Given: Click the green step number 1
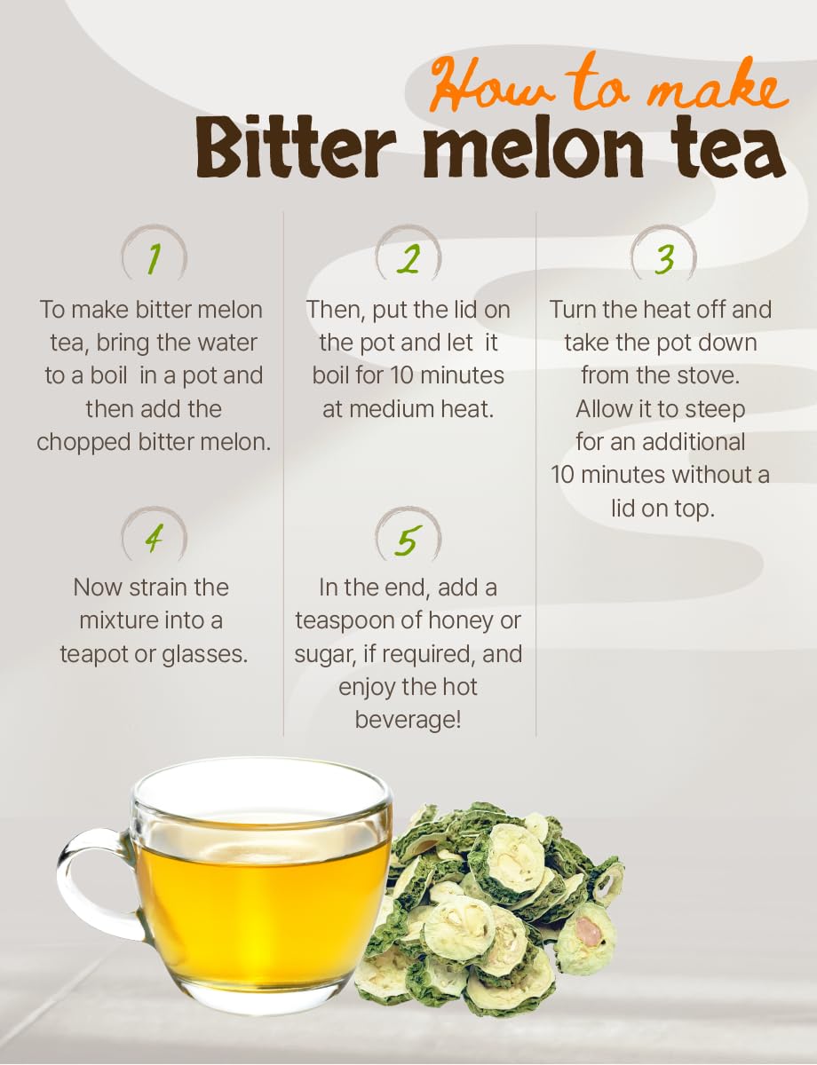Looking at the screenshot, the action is coord(154,259).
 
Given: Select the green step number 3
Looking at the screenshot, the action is coord(664,260).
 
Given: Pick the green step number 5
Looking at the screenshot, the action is coord(408,540).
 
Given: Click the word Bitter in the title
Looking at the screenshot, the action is coord(296,147).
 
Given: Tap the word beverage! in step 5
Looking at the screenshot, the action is coord(408,720).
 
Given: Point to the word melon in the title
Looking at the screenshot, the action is coord(533,147).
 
